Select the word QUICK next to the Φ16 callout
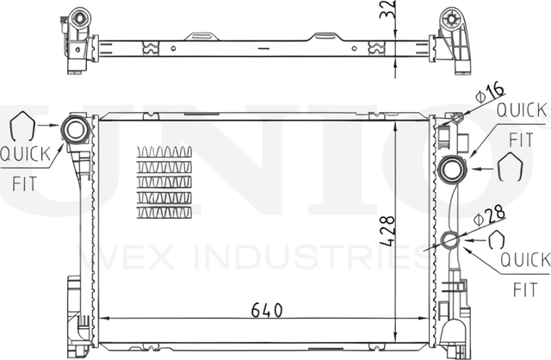tap(522, 111)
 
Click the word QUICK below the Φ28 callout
tap(524, 258)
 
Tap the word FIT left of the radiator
tap(24, 183)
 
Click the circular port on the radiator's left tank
tap(75, 132)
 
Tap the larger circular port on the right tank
tap(451, 170)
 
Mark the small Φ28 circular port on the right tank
tap(451, 240)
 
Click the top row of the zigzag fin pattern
tap(164, 152)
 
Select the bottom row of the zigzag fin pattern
tap(164, 211)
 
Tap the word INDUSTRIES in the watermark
tap(344, 256)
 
